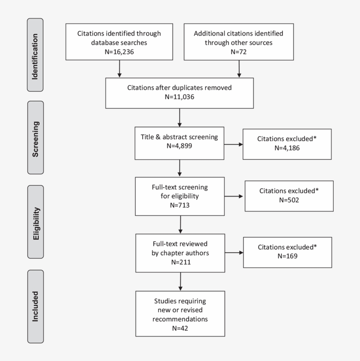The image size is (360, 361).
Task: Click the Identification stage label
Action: (x=35, y=55)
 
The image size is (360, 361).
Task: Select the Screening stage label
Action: (x=35, y=137)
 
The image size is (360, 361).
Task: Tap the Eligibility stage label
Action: (x=35, y=222)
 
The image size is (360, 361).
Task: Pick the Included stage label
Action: (x=35, y=306)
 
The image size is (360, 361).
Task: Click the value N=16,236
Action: (x=119, y=51)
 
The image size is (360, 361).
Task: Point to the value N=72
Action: (x=239, y=51)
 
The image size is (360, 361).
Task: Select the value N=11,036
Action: (x=179, y=96)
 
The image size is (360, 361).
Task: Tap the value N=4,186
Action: (x=287, y=148)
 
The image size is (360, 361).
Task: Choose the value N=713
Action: (x=180, y=204)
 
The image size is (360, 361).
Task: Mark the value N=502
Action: (x=289, y=200)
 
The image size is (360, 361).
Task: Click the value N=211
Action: (x=180, y=262)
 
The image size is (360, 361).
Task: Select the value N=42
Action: (x=180, y=327)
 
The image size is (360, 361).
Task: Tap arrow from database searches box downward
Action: (x=119, y=68)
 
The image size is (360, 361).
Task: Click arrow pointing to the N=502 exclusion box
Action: (x=235, y=196)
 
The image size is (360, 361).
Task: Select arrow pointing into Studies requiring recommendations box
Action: (x=180, y=281)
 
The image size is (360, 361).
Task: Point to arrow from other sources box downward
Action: (x=239, y=68)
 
